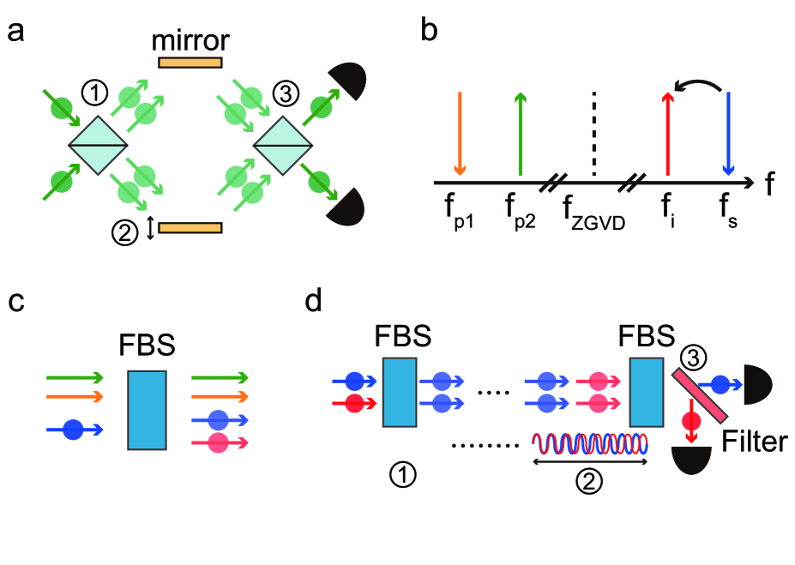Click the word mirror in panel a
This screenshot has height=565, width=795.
[190, 40]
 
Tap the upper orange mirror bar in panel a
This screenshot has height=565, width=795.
[190, 62]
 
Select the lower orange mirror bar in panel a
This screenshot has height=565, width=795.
[190, 228]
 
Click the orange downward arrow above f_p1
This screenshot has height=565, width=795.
[461, 133]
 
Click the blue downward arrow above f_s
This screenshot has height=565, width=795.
[727, 133]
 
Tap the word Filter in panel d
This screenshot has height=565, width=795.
[753, 442]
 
